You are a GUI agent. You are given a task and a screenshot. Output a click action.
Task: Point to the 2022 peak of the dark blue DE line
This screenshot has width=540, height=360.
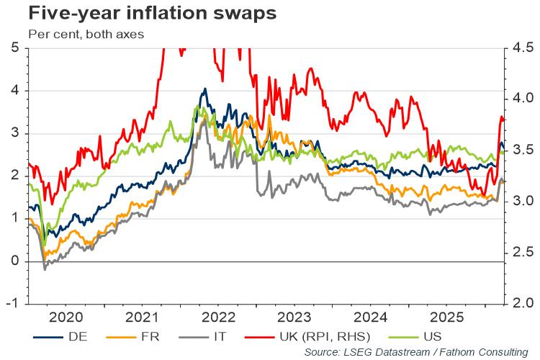205,89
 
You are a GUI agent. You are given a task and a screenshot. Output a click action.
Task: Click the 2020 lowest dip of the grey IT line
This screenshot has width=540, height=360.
45,269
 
